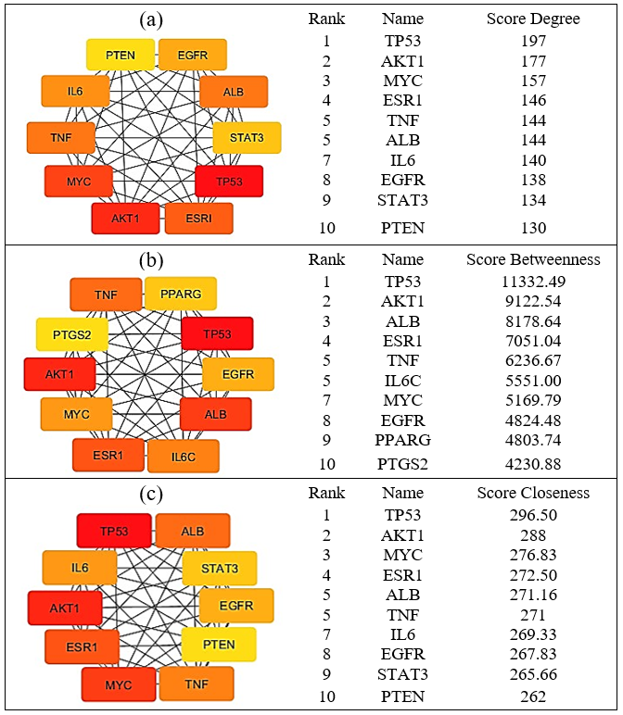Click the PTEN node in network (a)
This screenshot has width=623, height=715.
click(121, 56)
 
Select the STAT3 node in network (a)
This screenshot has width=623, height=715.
click(248, 138)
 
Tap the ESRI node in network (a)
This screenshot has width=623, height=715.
click(198, 219)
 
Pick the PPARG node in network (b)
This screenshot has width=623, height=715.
click(181, 295)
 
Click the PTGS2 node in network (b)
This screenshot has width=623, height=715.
click(72, 334)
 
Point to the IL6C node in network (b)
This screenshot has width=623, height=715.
click(183, 457)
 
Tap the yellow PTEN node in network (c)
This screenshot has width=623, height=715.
click(218, 645)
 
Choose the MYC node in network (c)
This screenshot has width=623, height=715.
click(118, 684)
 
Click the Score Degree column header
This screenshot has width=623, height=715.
click(533, 19)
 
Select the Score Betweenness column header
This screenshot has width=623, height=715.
click(533, 259)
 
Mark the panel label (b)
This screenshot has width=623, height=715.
click(151, 260)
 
